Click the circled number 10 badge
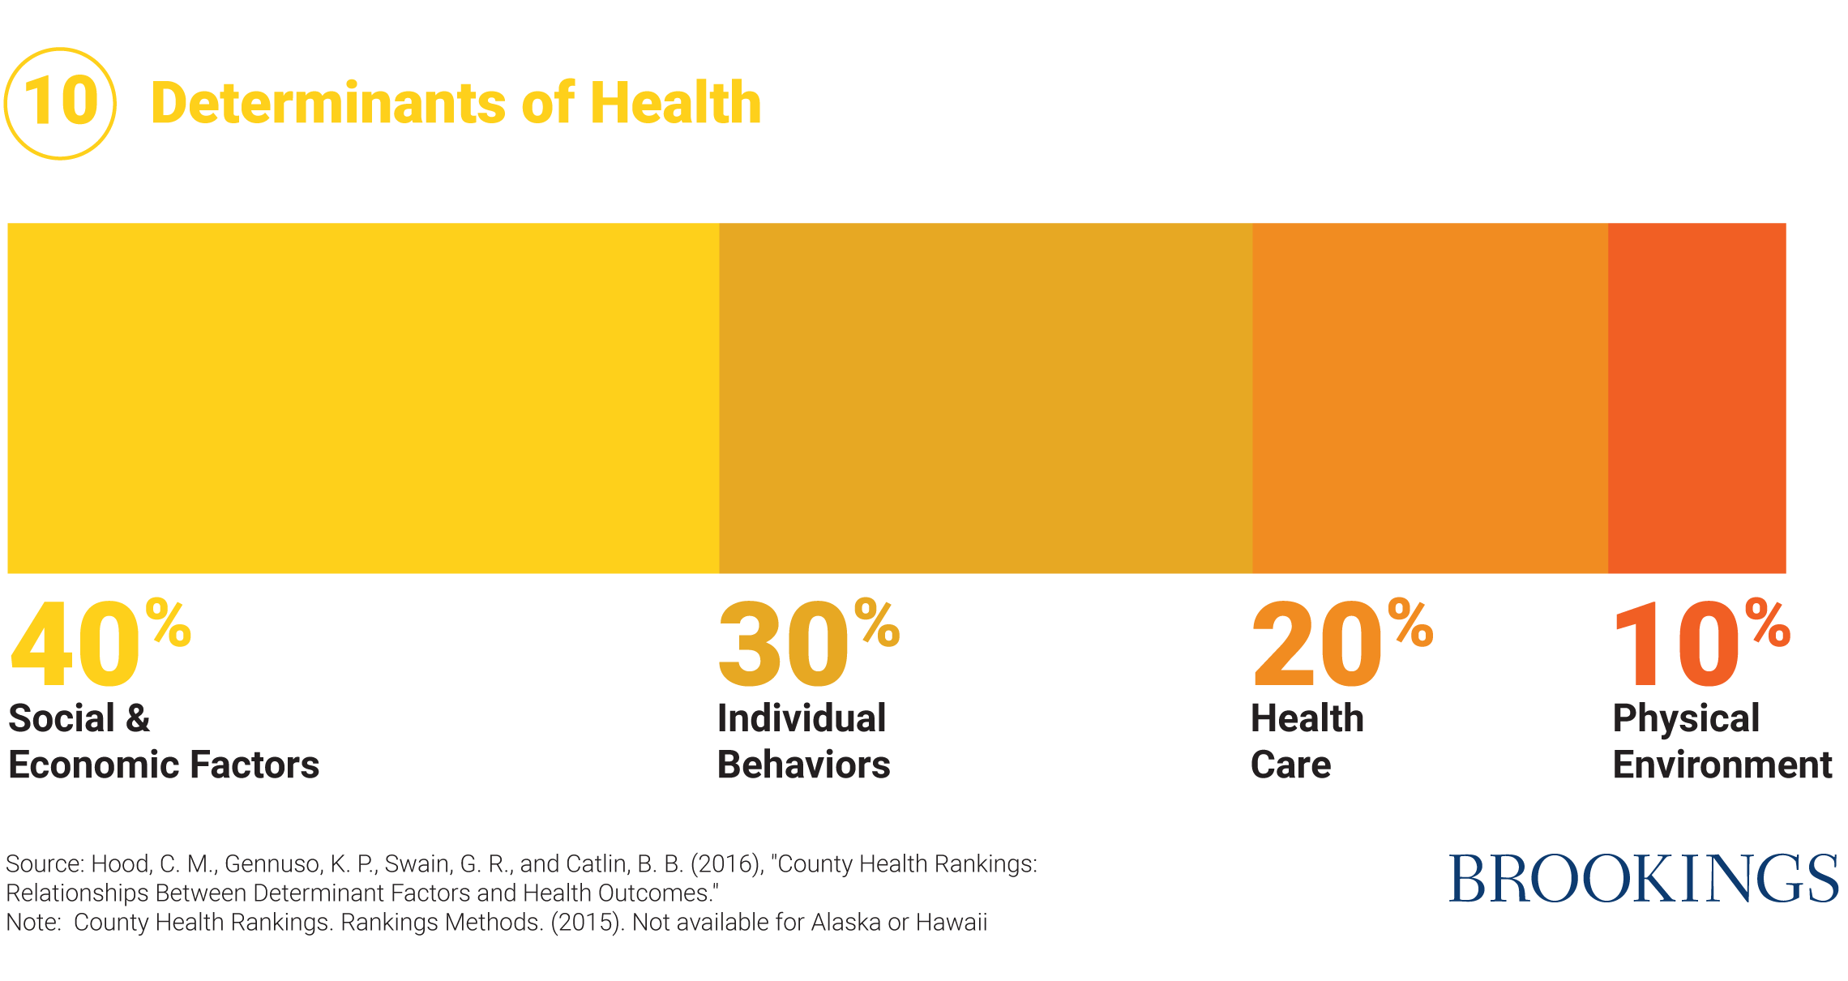pos(60,103)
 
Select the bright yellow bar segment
pos(363,398)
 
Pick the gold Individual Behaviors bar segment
pos(986,398)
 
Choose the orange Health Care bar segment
pos(1430,398)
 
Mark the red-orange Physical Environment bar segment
pos(1696,398)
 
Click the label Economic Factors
pos(164,765)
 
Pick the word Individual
pos(802,718)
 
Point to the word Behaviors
pos(803,765)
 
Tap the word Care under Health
pos(1290,765)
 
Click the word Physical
pos(1686,718)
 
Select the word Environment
pos(1722,765)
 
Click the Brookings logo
pos(1643,878)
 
